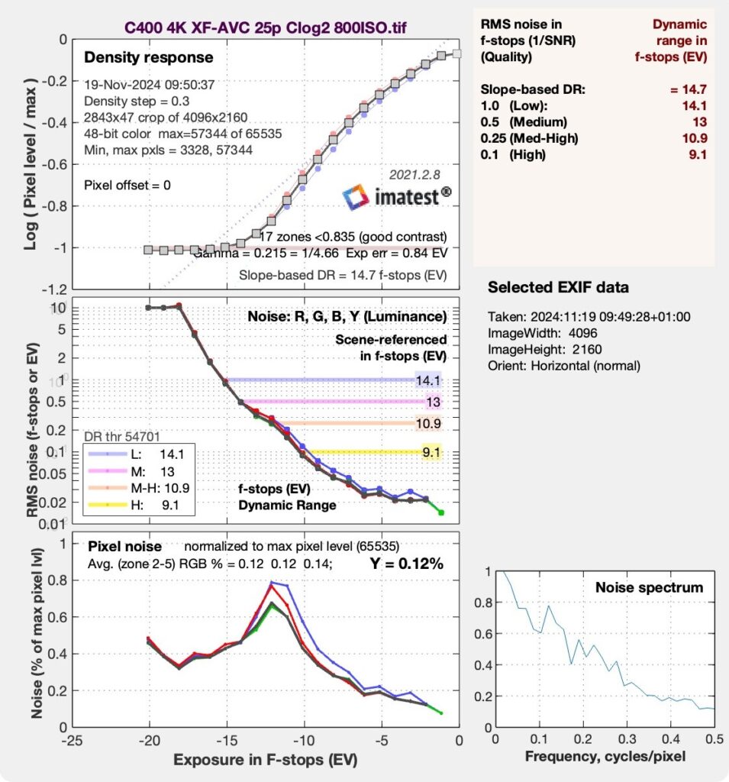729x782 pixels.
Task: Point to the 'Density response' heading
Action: [148, 57]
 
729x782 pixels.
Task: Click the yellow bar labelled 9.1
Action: [366, 452]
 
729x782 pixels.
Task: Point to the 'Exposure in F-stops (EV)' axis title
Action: [265, 761]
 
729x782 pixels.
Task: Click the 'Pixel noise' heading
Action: [124, 547]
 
